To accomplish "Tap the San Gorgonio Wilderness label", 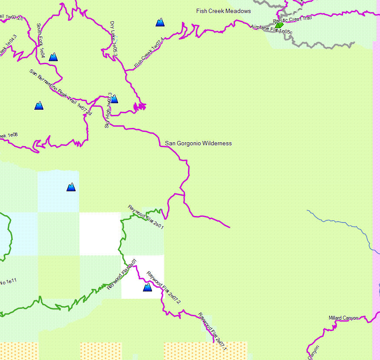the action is point(198,143).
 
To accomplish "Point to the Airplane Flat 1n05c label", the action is point(272,29).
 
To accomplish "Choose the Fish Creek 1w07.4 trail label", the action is point(149,53).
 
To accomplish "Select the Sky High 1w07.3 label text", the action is point(109,110).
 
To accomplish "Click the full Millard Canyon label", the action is point(344,318).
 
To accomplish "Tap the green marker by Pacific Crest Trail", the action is point(279,25).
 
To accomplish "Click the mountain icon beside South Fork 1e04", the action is point(53,56).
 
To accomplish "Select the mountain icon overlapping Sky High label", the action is point(114,99).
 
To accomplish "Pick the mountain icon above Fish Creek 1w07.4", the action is point(160,22).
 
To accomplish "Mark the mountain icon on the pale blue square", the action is point(71,187).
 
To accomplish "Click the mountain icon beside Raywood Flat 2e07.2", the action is point(147,287).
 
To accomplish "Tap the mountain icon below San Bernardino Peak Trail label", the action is point(39,105).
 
